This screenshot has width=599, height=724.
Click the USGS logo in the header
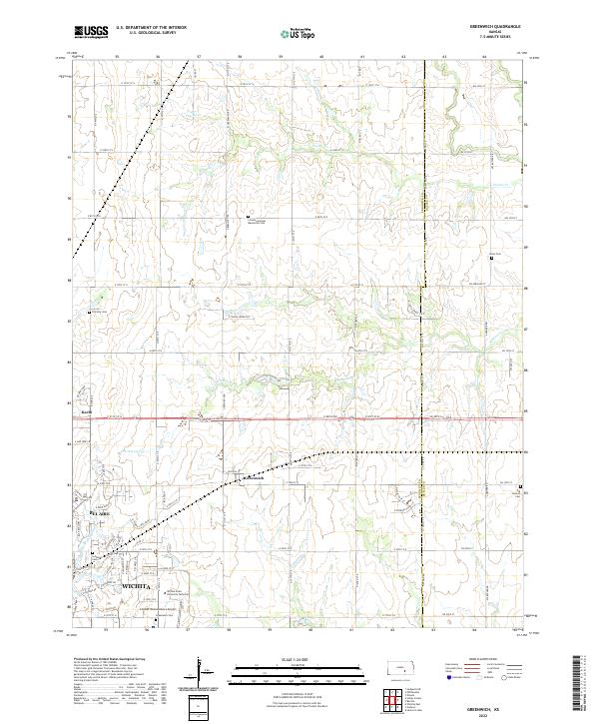pyautogui.click(x=90, y=33)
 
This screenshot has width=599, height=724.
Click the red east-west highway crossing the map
pyautogui.click(x=299, y=418)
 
